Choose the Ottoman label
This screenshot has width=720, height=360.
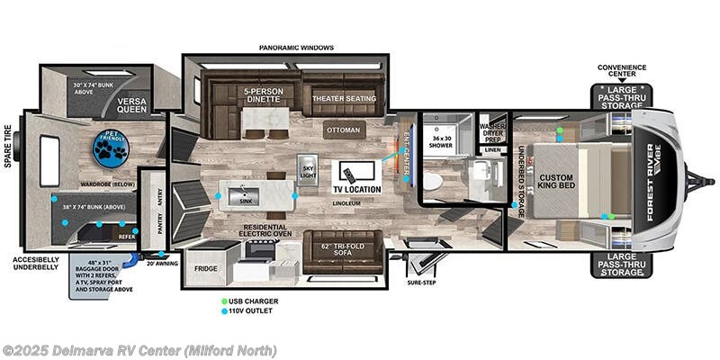click(343, 130)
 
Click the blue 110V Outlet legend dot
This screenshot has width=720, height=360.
click(224, 311)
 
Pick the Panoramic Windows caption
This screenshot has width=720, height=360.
click(296, 48)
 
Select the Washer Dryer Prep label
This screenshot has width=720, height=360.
click(491, 131)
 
